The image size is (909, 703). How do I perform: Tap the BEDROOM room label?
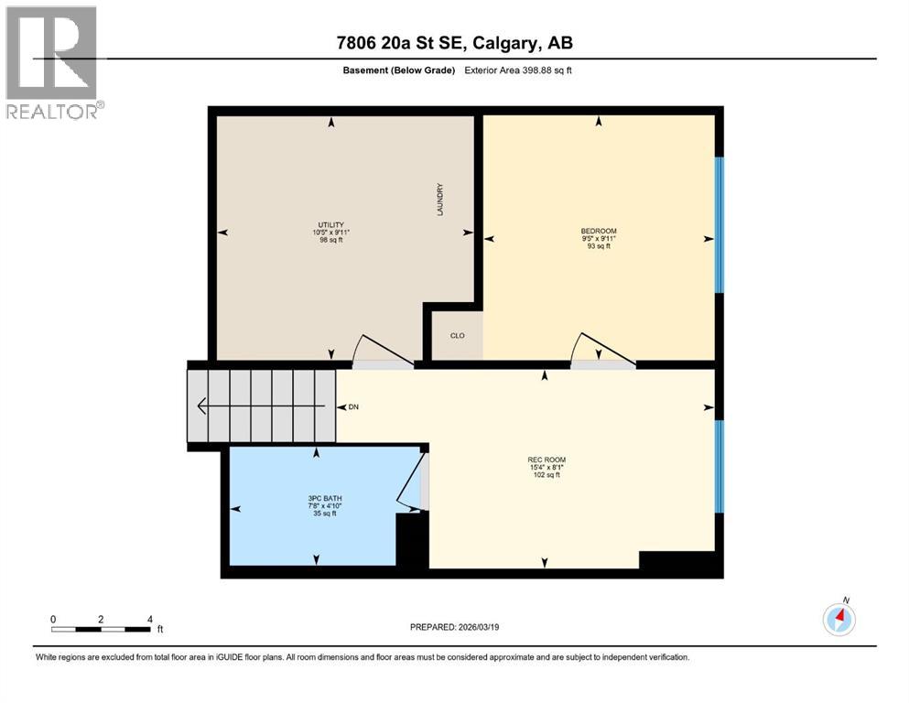pos(599,231)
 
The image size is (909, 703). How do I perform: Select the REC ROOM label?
pos(544,460)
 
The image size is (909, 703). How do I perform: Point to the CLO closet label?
pos(458,336)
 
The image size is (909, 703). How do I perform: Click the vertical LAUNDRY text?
pos(440,199)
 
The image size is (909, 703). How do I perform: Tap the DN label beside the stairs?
pos(347,406)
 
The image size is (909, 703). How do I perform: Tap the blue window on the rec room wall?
pos(720,466)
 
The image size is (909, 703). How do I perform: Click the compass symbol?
pos(839,620)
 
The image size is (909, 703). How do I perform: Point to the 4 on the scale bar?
pos(149,619)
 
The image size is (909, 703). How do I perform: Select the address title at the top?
pos(455,43)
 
